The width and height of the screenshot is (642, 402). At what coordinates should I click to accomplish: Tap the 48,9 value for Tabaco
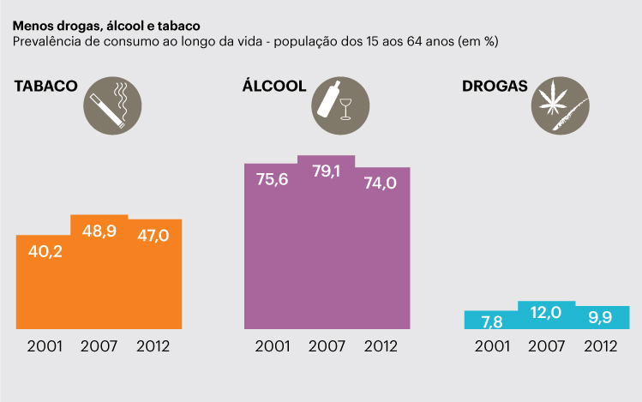(99, 232)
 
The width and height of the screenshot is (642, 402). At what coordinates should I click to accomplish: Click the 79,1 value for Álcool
(327, 171)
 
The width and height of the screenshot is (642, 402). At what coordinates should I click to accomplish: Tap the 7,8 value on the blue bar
(491, 321)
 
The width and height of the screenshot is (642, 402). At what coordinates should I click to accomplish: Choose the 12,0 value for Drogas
(545, 313)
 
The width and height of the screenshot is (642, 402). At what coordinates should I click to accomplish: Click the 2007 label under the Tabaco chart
(99, 346)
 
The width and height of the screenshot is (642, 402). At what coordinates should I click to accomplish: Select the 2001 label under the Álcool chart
(273, 346)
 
